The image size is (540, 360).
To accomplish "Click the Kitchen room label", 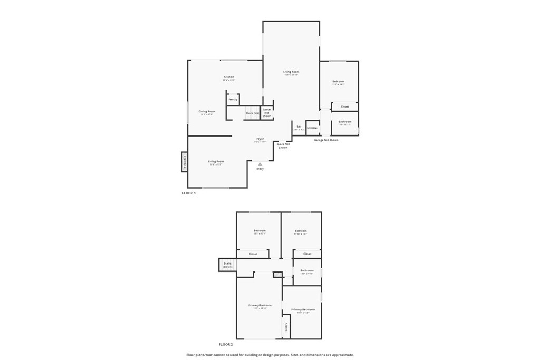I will click(x=228, y=77).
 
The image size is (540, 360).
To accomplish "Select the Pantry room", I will click(x=233, y=99).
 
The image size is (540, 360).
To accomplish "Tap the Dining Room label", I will click(x=207, y=111).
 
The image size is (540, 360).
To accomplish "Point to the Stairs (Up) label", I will click(x=252, y=113).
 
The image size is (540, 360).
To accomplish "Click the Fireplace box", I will click(x=185, y=162).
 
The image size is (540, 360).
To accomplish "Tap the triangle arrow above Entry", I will click(x=260, y=164).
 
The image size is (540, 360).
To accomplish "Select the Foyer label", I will click(x=260, y=139).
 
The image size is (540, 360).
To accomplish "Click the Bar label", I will click(x=298, y=127).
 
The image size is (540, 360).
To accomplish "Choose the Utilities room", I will click(x=313, y=128).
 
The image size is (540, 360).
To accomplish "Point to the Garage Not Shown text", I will click(x=326, y=140).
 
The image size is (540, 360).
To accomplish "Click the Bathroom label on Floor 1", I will click(x=344, y=122).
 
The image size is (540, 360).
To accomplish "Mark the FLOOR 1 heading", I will click(x=189, y=193).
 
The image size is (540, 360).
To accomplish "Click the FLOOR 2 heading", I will click(x=226, y=344).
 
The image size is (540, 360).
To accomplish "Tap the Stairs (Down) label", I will click(x=227, y=265).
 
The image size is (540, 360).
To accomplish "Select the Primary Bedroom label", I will click(x=260, y=305).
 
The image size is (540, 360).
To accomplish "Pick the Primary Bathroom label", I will click(x=303, y=309).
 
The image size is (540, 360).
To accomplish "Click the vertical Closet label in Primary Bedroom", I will click(x=286, y=327).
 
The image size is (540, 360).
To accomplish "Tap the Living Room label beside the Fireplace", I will click(x=216, y=161).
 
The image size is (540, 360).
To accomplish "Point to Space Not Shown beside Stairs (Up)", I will click(x=267, y=112).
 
